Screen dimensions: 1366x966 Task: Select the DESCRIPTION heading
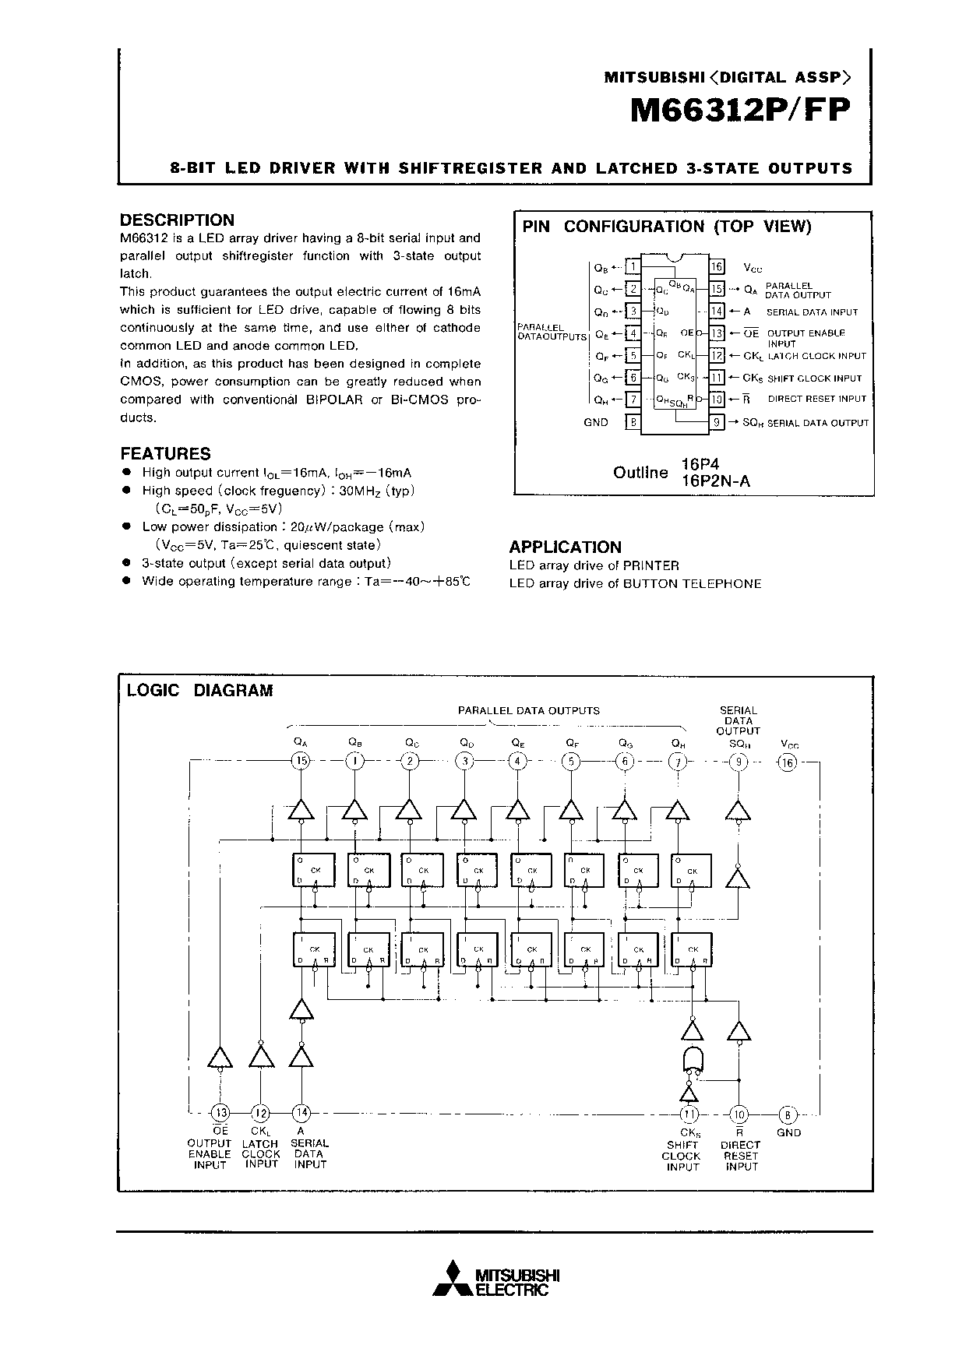[x=177, y=220]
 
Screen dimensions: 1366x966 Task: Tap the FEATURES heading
[x=165, y=453]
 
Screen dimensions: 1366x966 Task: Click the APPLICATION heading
[x=565, y=547]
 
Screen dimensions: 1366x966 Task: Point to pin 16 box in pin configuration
[x=717, y=267]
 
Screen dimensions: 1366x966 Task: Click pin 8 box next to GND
[x=633, y=422]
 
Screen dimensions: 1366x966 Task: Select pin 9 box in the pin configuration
[x=717, y=422]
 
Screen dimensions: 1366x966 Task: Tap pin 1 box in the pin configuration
[x=633, y=267]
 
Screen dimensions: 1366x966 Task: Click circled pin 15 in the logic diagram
[x=301, y=761]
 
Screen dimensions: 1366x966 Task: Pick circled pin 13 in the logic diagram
[x=221, y=1113]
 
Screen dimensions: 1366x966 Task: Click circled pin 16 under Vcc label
[x=788, y=762]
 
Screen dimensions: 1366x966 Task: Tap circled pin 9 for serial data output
[x=737, y=761]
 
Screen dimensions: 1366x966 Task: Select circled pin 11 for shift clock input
[x=689, y=1113]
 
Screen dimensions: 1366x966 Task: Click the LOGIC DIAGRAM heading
[x=199, y=690]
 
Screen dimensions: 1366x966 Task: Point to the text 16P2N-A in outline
[x=715, y=481]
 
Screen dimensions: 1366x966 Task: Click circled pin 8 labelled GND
[x=788, y=1113]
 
